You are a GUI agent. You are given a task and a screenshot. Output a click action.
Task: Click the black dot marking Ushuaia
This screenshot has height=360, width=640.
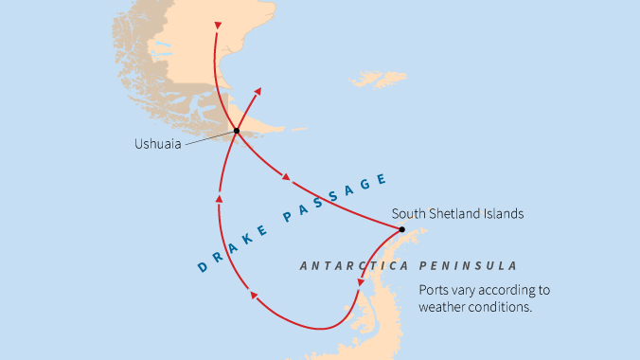(236, 131)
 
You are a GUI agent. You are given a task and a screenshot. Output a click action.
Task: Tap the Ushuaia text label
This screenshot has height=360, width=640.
(158, 145)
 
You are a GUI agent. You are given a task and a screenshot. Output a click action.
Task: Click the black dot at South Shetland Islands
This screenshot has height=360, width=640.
(401, 229)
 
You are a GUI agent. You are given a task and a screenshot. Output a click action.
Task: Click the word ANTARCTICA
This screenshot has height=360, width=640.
(344, 266)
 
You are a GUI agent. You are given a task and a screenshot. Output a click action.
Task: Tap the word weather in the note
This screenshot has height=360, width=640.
(445, 307)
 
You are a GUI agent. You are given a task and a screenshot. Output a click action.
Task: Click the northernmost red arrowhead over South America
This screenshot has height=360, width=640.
(217, 26)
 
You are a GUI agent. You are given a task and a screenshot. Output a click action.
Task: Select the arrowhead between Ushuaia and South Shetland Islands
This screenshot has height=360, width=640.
(286, 176)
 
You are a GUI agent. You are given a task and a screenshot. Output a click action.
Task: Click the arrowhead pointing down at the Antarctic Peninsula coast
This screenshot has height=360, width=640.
(360, 281)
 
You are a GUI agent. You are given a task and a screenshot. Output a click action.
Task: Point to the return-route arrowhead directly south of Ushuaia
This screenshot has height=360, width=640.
(219, 198)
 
